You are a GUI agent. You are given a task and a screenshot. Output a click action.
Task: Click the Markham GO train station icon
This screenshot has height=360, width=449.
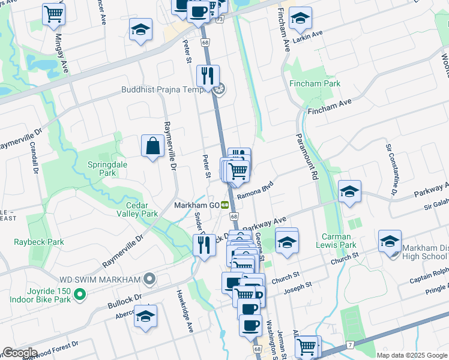[225, 205]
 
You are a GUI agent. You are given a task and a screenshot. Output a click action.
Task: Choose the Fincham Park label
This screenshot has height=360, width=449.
[315, 83]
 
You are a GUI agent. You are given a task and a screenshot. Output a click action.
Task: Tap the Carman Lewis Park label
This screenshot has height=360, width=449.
[339, 241]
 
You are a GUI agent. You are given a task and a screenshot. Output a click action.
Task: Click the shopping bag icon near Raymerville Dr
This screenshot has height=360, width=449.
[152, 146]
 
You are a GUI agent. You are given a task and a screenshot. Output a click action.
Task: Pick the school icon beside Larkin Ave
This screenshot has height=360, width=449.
[300, 19]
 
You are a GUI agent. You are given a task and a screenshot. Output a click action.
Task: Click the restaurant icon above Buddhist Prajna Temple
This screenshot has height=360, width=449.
[207, 76]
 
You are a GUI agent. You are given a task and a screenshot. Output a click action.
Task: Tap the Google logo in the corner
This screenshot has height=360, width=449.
[19, 353]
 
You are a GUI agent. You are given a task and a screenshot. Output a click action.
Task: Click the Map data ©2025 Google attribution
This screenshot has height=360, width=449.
[411, 355]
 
